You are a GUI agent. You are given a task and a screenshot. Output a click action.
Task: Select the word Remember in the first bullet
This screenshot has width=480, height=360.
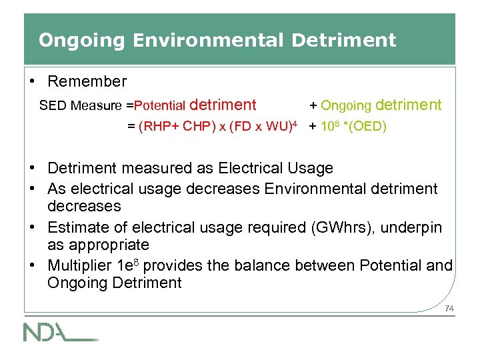87,81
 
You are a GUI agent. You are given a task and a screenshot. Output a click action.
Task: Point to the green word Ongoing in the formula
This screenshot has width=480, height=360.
346,105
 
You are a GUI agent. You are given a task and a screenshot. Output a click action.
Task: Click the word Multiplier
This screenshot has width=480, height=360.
79,265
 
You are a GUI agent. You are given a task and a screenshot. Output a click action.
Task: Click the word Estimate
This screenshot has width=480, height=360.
75,227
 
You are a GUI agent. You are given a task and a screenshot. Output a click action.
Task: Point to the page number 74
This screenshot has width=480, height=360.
449,308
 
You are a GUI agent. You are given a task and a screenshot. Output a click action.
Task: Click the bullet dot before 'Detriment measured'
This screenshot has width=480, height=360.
33,169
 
